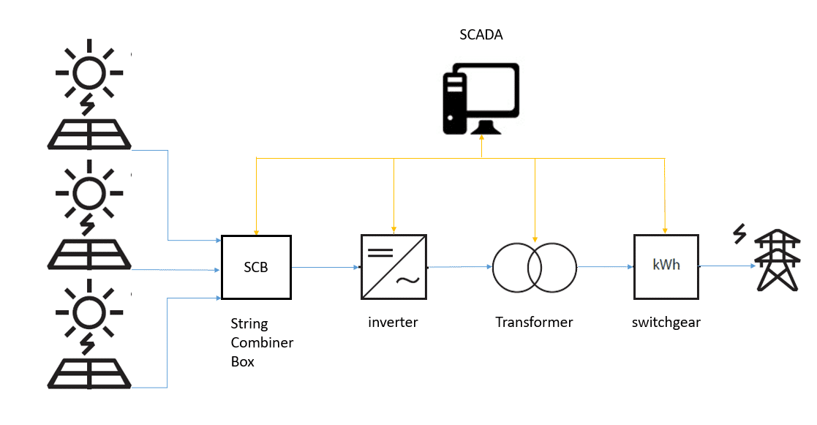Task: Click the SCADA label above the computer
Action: click(481, 35)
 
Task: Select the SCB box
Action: click(256, 267)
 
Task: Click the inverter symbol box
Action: click(394, 267)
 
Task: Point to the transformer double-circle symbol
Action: click(534, 267)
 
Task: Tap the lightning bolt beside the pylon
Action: click(739, 235)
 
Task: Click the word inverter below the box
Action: click(393, 322)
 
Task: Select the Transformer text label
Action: click(534, 322)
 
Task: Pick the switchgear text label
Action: click(666, 322)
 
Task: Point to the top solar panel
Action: click(89, 135)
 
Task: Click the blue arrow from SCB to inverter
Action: click(325, 268)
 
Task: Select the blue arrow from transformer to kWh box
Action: click(605, 267)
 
